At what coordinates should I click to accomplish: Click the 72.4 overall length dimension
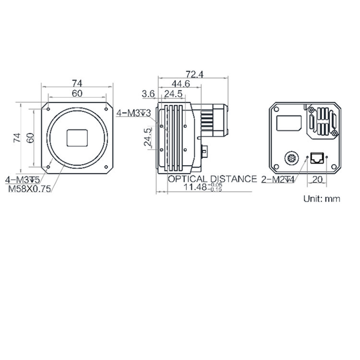194,74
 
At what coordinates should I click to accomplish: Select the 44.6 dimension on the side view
180,84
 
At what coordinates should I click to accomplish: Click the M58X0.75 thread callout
29,189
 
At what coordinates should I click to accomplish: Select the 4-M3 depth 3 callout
134,113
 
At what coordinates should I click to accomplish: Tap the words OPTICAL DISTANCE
212,179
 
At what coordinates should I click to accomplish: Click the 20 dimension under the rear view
317,180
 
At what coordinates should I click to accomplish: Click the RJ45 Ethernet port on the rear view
317,157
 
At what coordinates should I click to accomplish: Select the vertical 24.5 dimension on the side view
148,136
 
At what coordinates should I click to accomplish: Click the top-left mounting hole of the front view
49,109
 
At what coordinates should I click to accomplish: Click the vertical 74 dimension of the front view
17,138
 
